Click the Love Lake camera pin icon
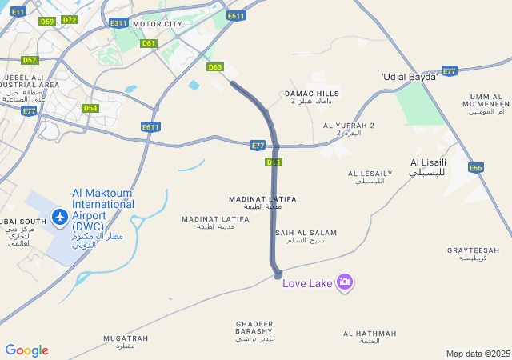(345, 281)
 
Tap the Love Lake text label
(308, 282)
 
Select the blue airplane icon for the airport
(59, 216)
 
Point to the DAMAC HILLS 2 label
(312, 97)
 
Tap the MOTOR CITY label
(158, 24)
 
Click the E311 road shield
(118, 23)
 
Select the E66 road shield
(476, 168)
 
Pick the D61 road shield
(148, 43)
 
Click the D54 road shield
(90, 108)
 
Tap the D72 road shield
(70, 20)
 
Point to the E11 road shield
(19, 11)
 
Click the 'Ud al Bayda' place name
(410, 77)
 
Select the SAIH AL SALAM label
(306, 236)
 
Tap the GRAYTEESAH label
(473, 254)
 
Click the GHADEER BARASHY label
(254, 330)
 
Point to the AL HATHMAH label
(370, 337)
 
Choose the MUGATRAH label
(126, 342)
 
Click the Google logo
(26, 350)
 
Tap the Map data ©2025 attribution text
(478, 354)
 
